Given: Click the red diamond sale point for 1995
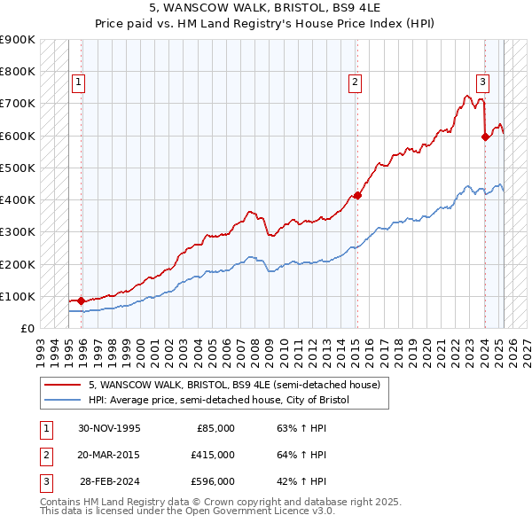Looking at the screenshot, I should (81, 301).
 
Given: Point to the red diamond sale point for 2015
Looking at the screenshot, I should (357, 195).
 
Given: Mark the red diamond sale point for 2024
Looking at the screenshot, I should (486, 137).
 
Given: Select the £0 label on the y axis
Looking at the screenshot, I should (27, 328).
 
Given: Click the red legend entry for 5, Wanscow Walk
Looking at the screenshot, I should (234, 385).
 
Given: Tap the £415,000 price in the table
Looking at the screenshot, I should (213, 455).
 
